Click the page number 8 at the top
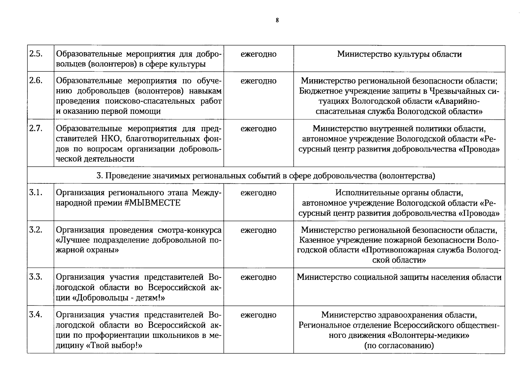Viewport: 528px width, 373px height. pos(277,21)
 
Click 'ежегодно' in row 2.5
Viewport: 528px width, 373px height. pos(258,54)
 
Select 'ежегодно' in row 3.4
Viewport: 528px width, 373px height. pos(258,315)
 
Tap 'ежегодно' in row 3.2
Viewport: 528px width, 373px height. pos(258,230)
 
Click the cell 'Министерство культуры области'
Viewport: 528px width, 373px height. pos(399,54)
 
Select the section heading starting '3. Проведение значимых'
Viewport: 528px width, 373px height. pos(266,176)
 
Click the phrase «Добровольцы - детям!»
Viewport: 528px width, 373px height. pos(119,298)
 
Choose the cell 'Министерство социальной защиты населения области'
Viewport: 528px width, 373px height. pos(399,277)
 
